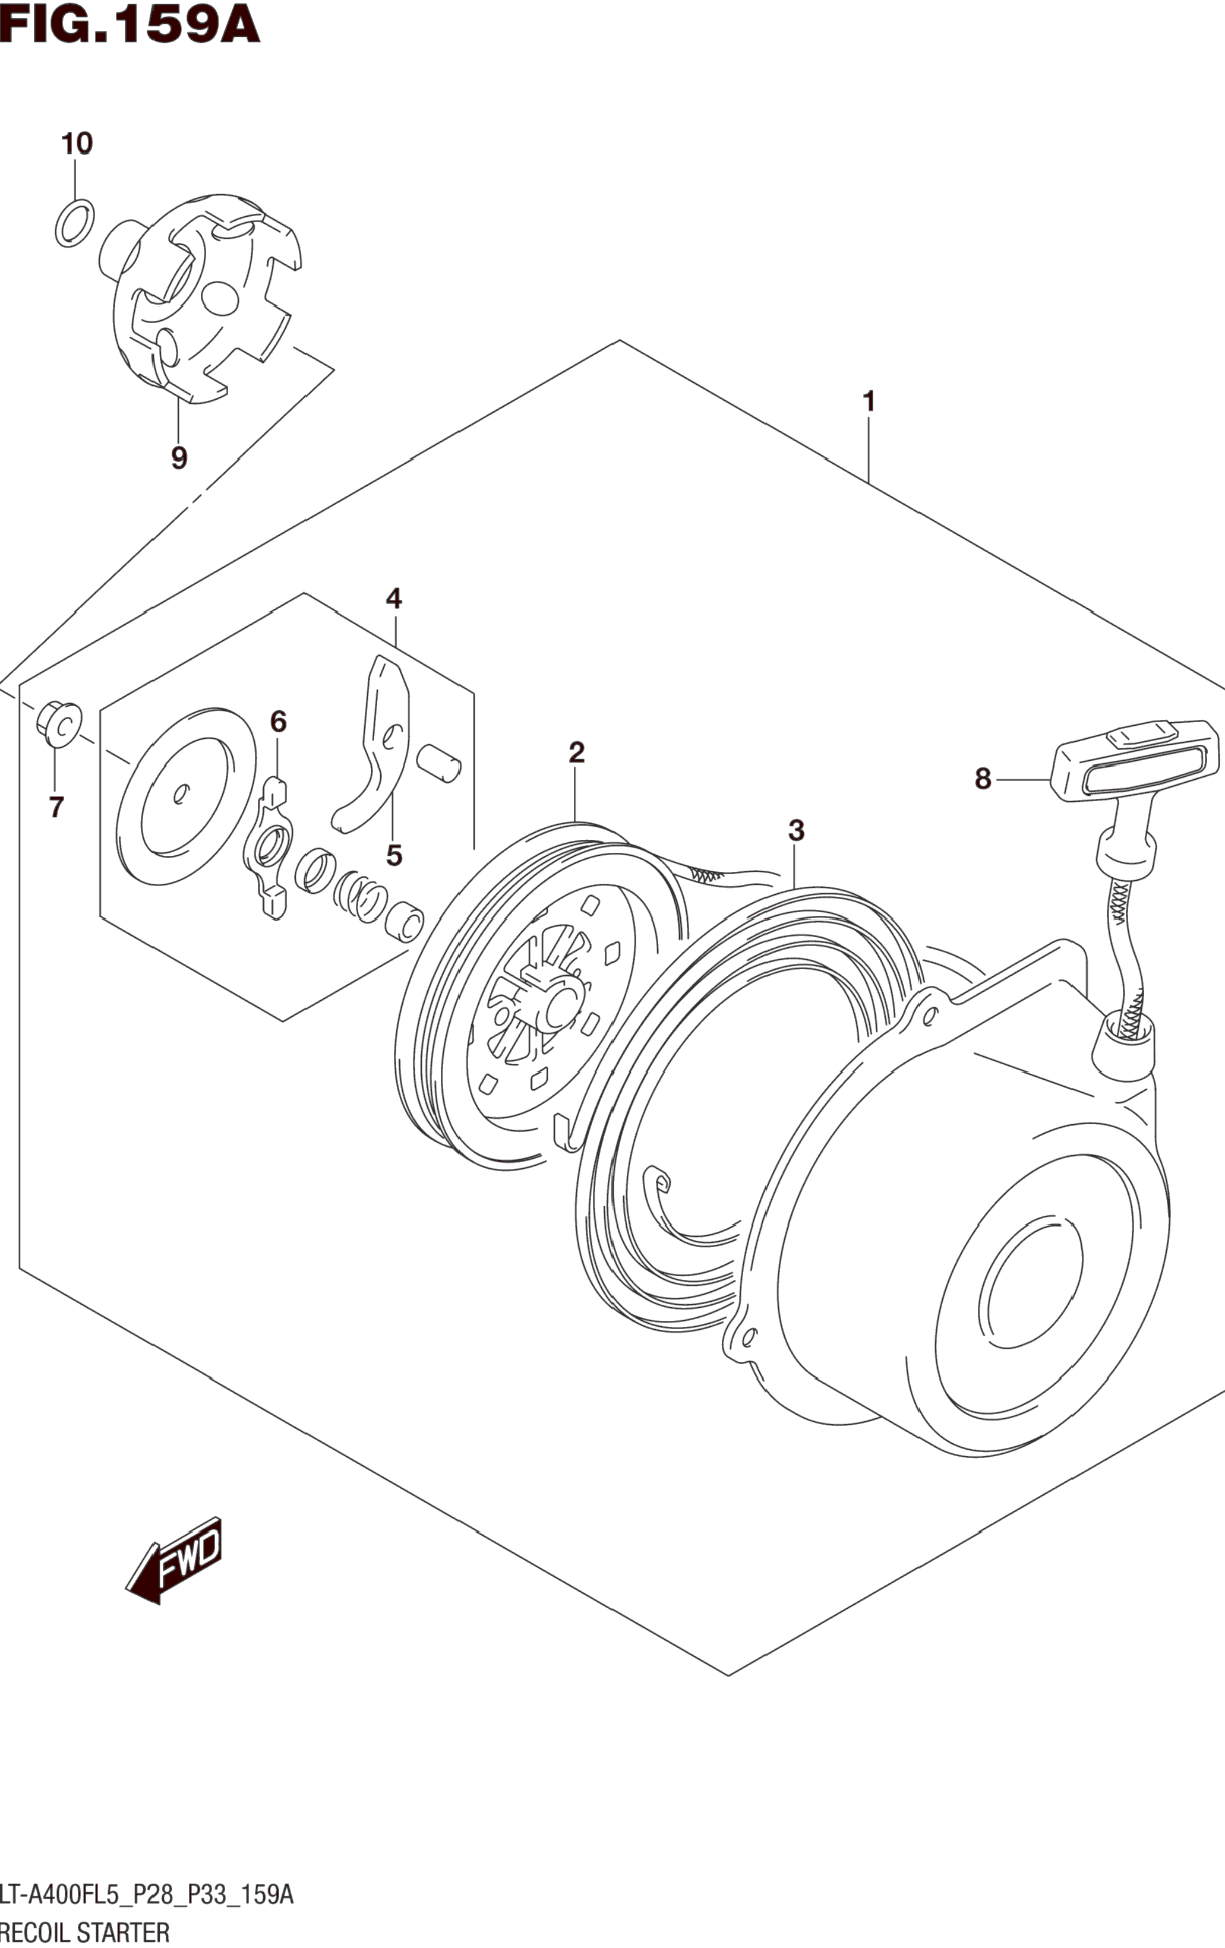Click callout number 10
77,144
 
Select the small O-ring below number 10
74,223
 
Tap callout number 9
179,458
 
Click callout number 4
393,599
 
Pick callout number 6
279,721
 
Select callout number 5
394,855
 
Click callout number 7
56,807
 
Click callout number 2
576,752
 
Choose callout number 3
796,830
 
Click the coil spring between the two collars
361,896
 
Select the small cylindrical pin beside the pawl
438,764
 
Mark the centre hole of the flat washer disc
179,795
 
